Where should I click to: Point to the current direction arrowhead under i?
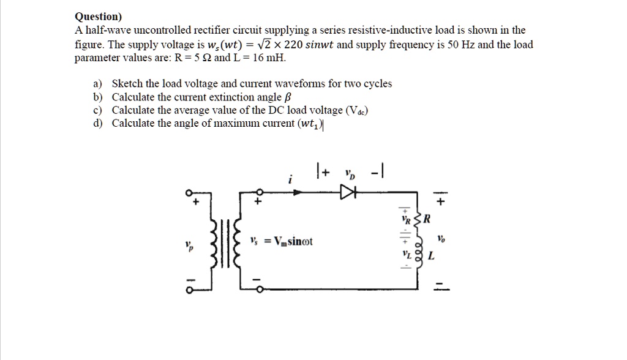coord(299,192)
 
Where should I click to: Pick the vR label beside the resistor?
coord(404,217)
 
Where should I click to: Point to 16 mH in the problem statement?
coord(269,58)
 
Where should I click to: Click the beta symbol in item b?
coord(288,97)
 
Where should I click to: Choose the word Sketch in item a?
coord(127,84)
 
